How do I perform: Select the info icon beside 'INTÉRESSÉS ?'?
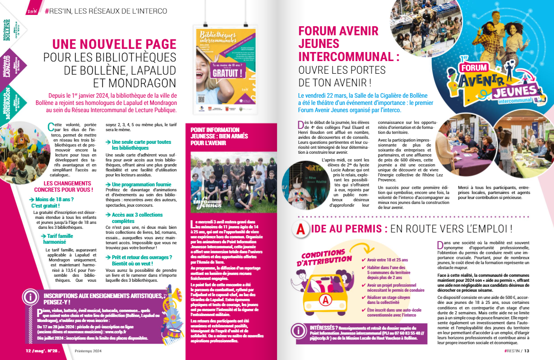298,331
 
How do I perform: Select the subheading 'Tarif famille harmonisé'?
55,239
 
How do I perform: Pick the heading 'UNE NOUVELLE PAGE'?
114,44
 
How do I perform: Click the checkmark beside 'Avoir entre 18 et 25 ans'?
363,260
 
